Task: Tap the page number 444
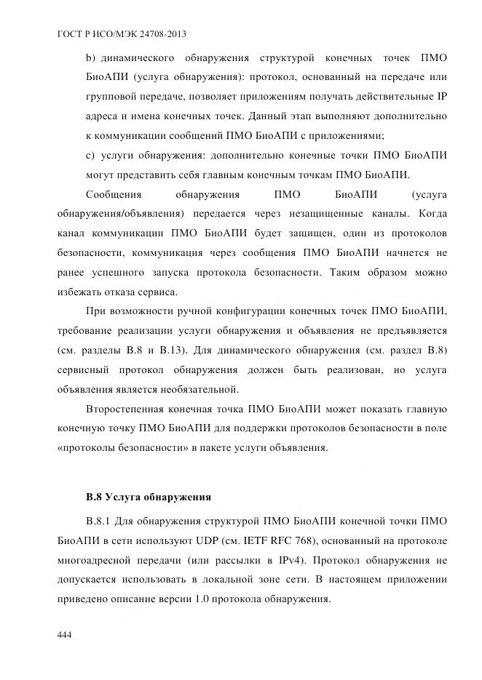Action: (64, 635)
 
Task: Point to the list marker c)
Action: (91, 155)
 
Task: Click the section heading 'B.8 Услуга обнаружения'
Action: (149, 497)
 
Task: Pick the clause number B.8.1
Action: (100, 521)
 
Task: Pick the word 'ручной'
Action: (192, 311)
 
